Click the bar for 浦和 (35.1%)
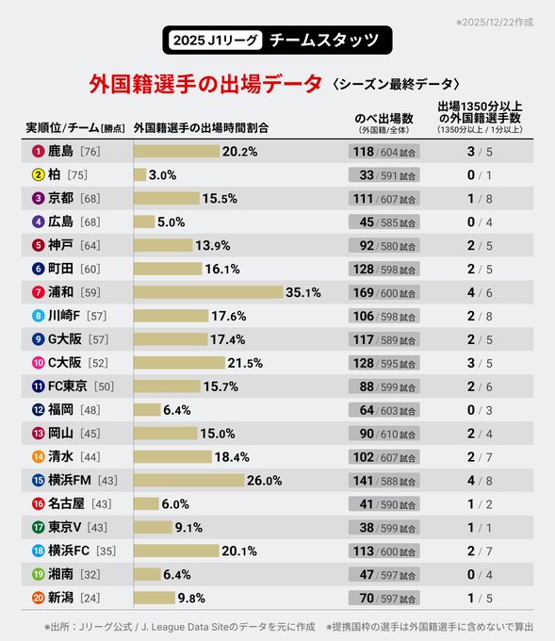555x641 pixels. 208,292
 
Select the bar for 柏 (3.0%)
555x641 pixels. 139,175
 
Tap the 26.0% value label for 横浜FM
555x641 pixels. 264,480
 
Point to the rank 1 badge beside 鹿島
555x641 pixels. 39,152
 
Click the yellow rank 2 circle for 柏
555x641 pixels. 39,175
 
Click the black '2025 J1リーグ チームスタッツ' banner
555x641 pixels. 277,40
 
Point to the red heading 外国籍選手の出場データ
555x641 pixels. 204,83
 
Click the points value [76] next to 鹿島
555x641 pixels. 90,152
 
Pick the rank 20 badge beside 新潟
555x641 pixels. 39,598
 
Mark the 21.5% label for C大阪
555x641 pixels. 245,363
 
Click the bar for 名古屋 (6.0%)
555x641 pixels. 146,503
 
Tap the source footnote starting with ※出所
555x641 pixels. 179,625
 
